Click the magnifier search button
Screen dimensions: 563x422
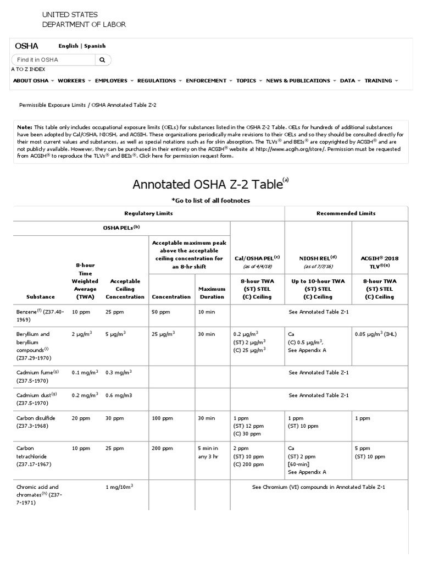click(x=102, y=59)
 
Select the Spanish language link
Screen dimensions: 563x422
click(x=95, y=46)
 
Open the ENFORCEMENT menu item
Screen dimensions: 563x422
click(x=206, y=81)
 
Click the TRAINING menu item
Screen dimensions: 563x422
click(x=378, y=81)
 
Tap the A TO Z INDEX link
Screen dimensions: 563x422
click(x=28, y=69)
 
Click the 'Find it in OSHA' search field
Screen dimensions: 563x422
click(x=52, y=59)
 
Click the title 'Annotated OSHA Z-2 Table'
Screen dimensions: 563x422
click(x=207, y=184)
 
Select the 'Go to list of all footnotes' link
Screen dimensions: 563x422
click(x=210, y=201)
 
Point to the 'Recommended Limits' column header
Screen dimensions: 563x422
click(x=346, y=213)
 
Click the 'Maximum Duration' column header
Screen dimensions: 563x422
click(x=212, y=292)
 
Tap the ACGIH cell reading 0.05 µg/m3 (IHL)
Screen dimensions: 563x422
click(x=379, y=334)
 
